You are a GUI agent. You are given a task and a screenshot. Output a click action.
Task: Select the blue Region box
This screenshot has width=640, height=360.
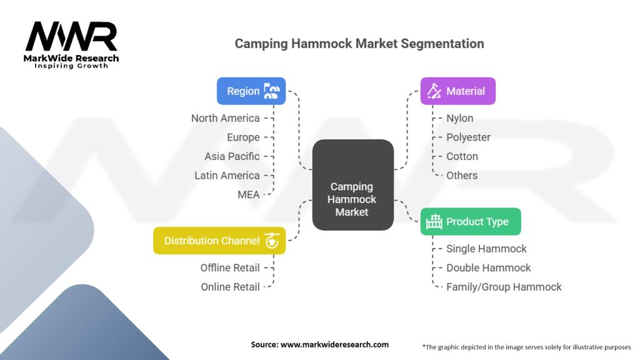click(x=251, y=91)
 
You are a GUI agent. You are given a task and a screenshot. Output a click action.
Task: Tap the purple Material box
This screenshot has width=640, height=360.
click(x=457, y=91)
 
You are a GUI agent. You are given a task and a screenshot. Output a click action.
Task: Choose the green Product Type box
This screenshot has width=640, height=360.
click(x=470, y=221)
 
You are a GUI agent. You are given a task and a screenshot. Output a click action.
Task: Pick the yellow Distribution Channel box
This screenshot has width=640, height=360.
click(x=219, y=241)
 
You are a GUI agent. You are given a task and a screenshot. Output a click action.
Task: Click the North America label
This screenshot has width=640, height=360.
click(x=225, y=118)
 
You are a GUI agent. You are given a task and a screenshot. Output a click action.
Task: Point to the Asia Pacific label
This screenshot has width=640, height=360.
click(x=232, y=156)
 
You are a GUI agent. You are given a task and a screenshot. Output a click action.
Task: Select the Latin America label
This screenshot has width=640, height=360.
click(x=227, y=176)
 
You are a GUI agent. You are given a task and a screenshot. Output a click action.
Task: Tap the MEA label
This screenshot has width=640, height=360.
click(x=249, y=194)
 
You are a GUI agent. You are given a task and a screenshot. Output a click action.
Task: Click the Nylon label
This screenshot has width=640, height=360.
click(x=459, y=118)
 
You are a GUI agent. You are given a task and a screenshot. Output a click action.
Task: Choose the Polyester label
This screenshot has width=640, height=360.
click(x=468, y=137)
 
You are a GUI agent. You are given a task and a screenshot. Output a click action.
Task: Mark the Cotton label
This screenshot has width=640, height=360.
click(x=462, y=156)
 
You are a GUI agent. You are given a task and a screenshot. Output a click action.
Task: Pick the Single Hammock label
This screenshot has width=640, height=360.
click(x=486, y=249)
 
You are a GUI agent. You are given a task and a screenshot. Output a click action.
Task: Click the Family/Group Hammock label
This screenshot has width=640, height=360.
click(x=504, y=287)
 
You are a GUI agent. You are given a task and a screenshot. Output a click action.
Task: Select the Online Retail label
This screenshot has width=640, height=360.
click(x=230, y=287)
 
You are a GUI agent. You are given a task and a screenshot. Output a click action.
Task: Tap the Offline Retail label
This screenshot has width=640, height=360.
click(x=230, y=267)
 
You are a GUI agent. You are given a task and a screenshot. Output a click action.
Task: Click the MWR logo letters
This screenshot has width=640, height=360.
click(x=71, y=37)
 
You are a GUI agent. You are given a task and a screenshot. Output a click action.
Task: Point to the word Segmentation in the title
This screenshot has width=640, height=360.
click(x=444, y=44)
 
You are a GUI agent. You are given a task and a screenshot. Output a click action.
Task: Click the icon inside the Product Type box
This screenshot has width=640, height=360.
click(x=434, y=221)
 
